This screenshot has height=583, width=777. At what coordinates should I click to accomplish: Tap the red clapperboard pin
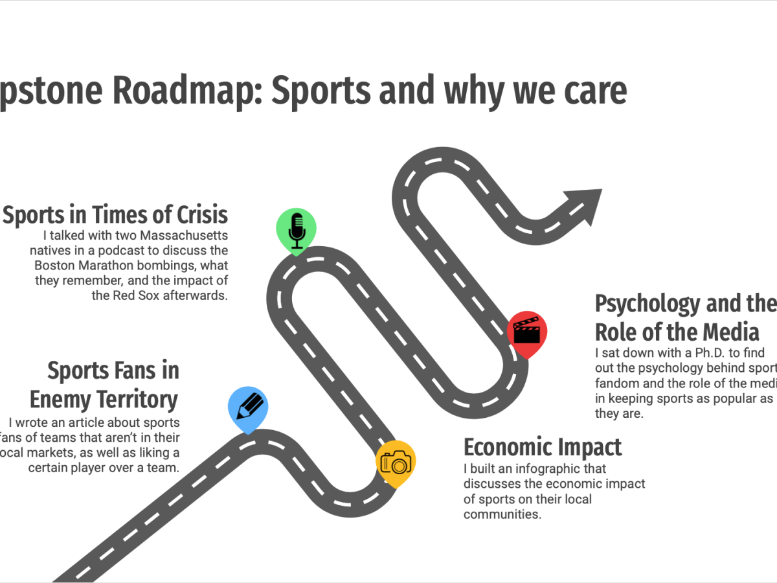click(x=526, y=332)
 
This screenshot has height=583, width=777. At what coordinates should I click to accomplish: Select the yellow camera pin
click(x=396, y=463)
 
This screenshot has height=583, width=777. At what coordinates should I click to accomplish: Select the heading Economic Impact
click(x=543, y=448)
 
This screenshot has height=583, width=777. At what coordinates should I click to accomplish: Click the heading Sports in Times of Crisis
click(x=115, y=214)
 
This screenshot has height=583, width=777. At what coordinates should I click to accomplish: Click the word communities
click(x=502, y=515)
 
